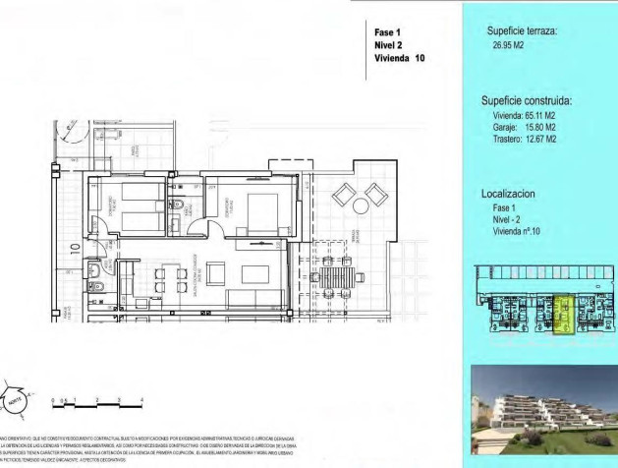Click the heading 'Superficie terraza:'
tap(522, 31)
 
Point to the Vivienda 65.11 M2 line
tap(525, 115)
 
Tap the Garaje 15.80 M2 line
tap(525, 127)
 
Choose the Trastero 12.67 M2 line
tap(525, 139)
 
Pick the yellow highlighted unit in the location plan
tap(564, 318)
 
